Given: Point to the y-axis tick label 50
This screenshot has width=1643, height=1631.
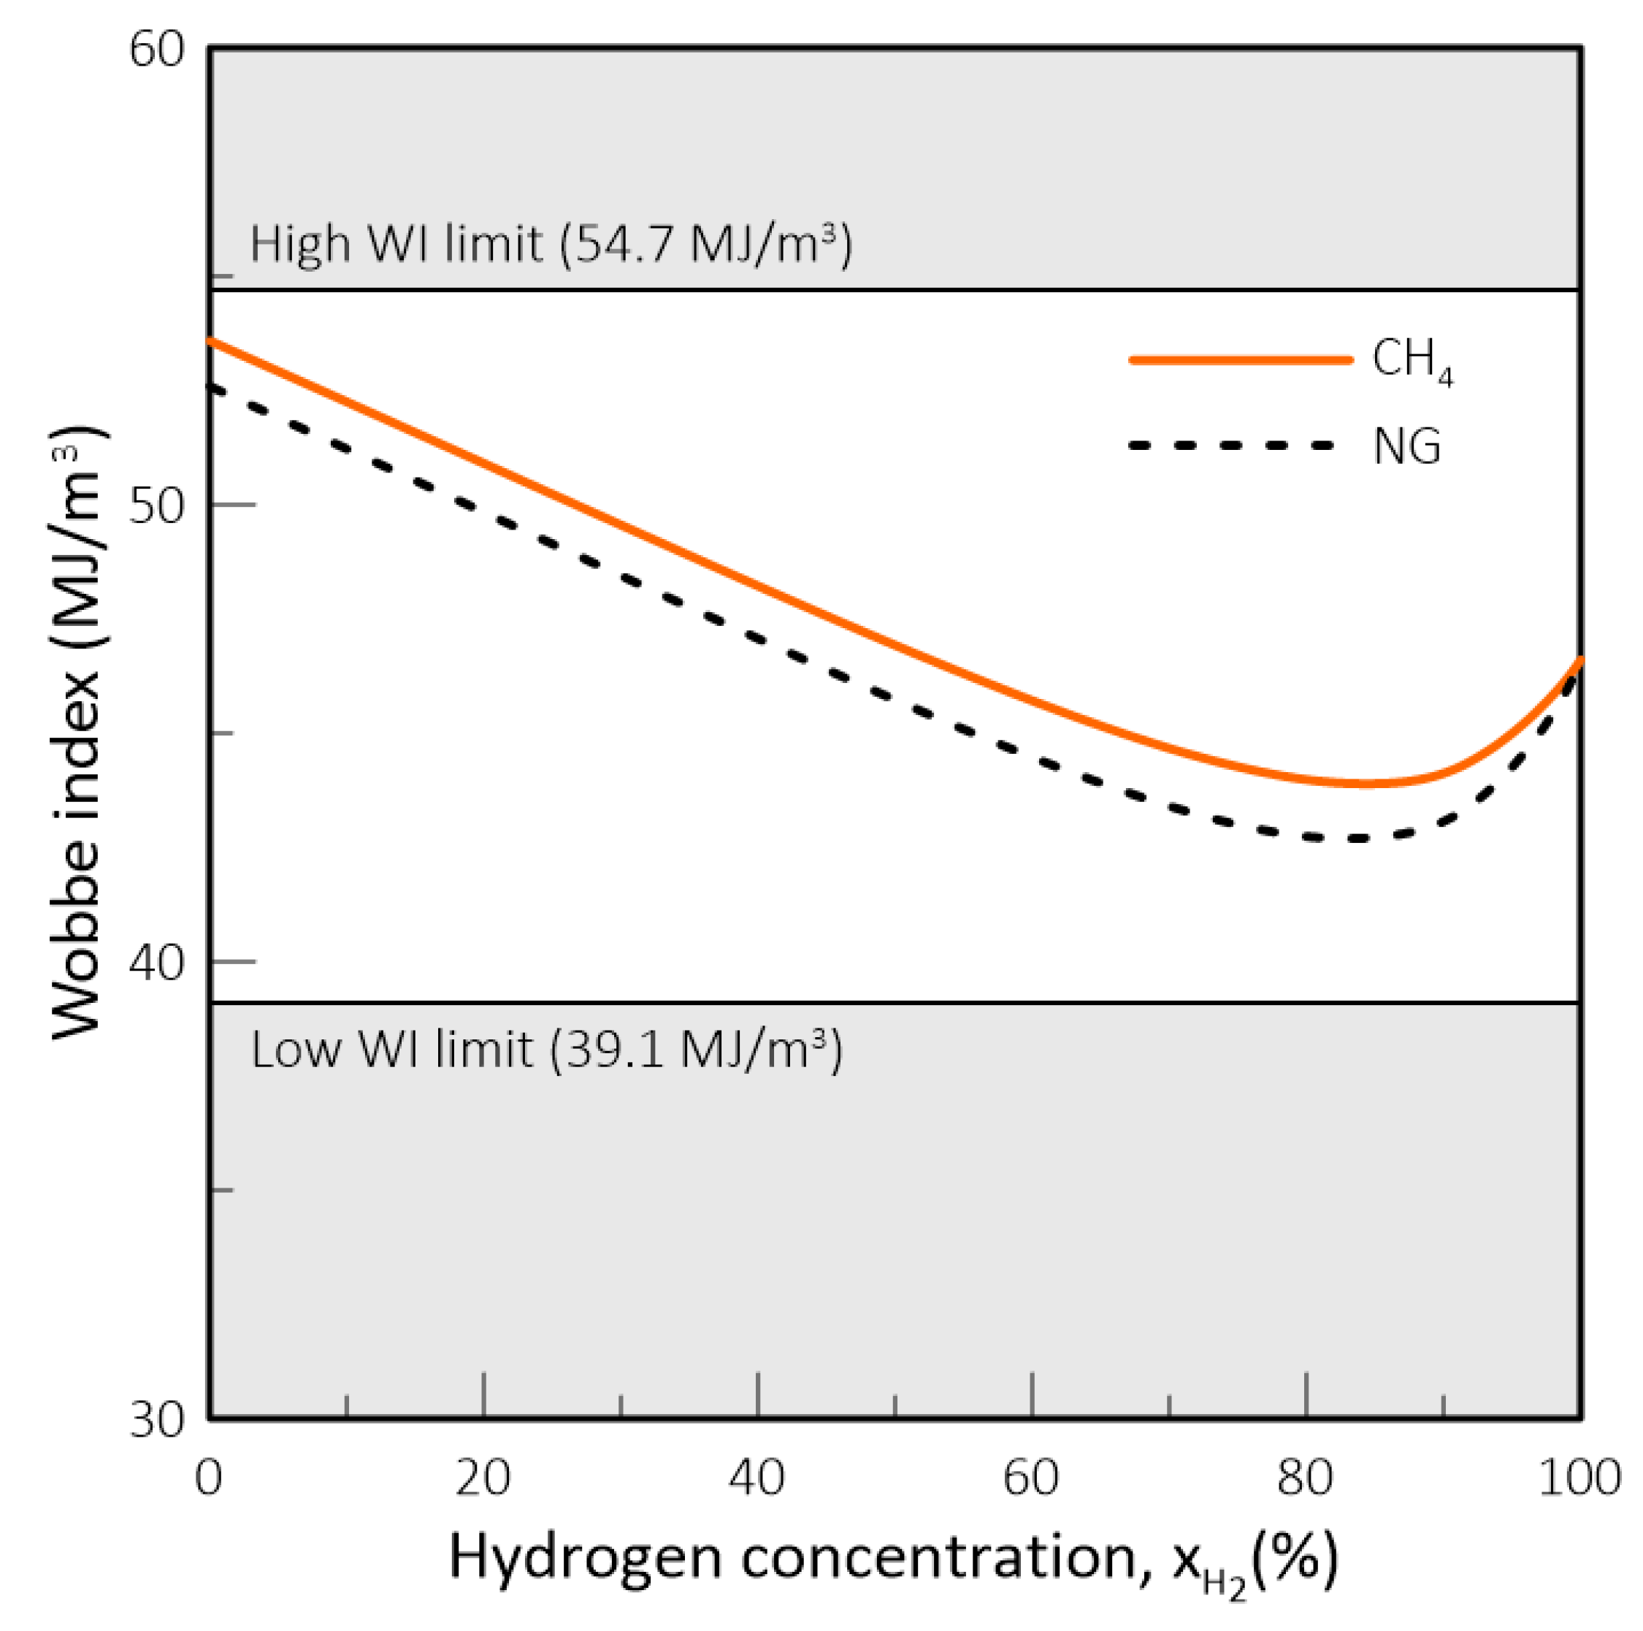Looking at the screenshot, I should click(x=156, y=506).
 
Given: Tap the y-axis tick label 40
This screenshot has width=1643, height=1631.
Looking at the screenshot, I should click(x=156, y=963).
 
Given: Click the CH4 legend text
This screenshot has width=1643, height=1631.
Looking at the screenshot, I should click(x=1412, y=361).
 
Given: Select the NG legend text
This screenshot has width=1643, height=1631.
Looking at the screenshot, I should click(x=1406, y=446).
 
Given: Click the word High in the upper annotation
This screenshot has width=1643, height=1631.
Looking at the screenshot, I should click(x=299, y=244).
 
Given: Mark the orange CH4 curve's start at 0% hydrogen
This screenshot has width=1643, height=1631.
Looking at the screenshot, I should click(x=212, y=340).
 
